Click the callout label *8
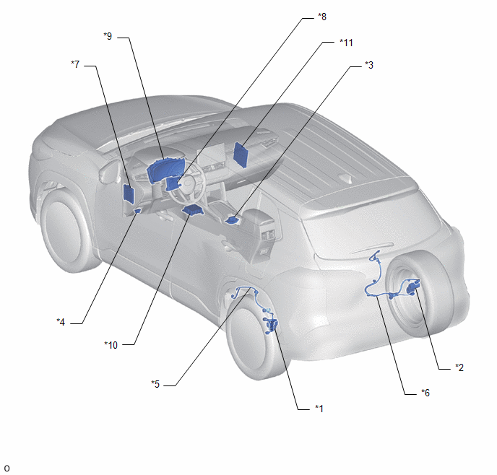pos(322,17)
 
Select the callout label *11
pos(346,43)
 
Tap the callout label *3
pos(369,65)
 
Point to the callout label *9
pos(108,36)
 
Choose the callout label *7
pos(75,64)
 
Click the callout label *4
pos(61,322)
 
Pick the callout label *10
pos(111,345)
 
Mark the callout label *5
pos(155,384)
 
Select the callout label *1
pos(319,409)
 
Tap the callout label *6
pos(425,393)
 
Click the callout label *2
pos(459,367)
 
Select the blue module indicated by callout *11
pos(241,154)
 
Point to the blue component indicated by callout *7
pos(129,193)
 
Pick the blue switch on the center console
pos(233,220)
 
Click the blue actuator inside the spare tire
pos(412,287)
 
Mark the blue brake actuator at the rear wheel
pos(272,326)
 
